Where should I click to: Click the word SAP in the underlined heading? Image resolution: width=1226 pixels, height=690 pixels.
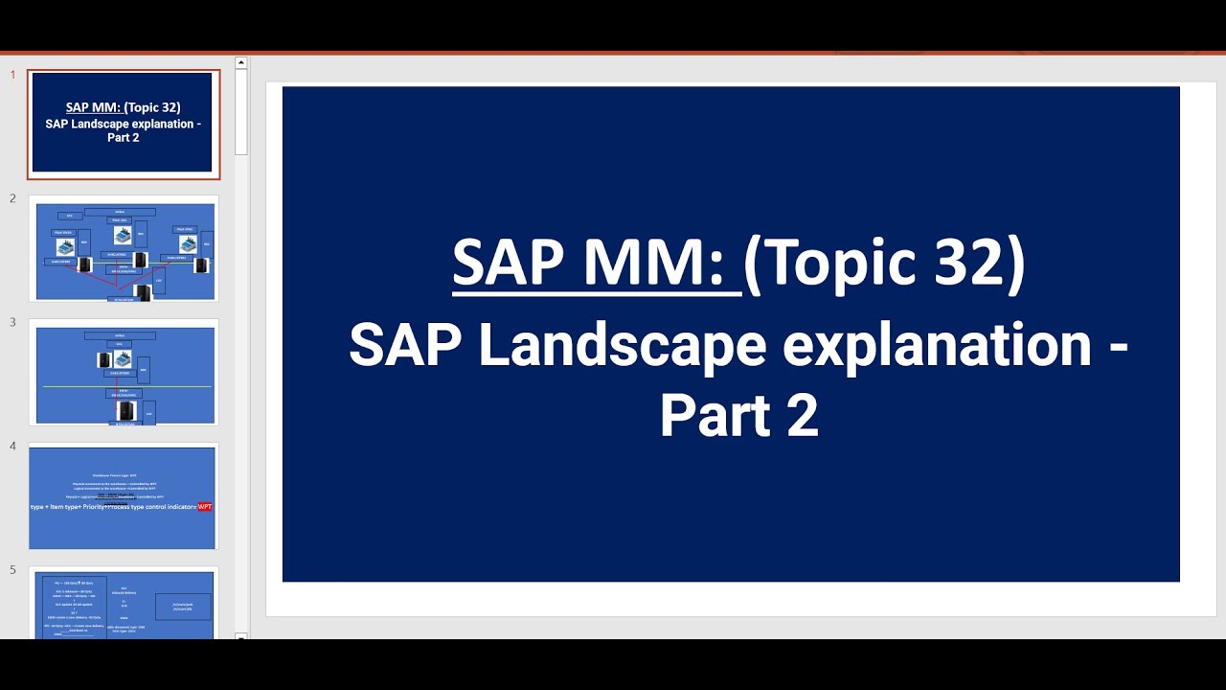pyautogui.click(x=509, y=264)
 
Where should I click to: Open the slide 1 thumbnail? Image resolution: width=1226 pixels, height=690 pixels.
pyautogui.click(x=124, y=123)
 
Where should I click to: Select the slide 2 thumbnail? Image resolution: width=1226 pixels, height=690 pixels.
pyautogui.click(x=124, y=247)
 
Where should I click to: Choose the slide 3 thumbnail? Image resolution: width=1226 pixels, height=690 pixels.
pyautogui.click(x=124, y=372)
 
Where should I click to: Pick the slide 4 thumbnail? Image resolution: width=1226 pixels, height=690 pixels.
pyautogui.click(x=124, y=495)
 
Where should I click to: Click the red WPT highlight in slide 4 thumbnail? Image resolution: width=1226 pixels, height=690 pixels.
pyautogui.click(x=204, y=506)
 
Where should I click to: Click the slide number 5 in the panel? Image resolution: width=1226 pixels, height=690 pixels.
pyautogui.click(x=13, y=570)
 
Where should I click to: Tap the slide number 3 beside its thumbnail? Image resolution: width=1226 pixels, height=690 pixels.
pyautogui.click(x=13, y=322)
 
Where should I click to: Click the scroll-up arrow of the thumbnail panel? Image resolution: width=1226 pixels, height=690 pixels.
pyautogui.click(x=241, y=63)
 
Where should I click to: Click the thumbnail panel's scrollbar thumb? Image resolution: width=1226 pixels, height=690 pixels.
pyautogui.click(x=241, y=110)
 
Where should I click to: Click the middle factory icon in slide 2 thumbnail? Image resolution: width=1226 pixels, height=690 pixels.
pyautogui.click(x=123, y=236)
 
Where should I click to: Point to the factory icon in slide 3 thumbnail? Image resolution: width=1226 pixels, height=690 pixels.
pyautogui.click(x=123, y=358)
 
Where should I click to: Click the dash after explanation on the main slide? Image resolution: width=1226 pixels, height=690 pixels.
pyautogui.click(x=1117, y=345)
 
